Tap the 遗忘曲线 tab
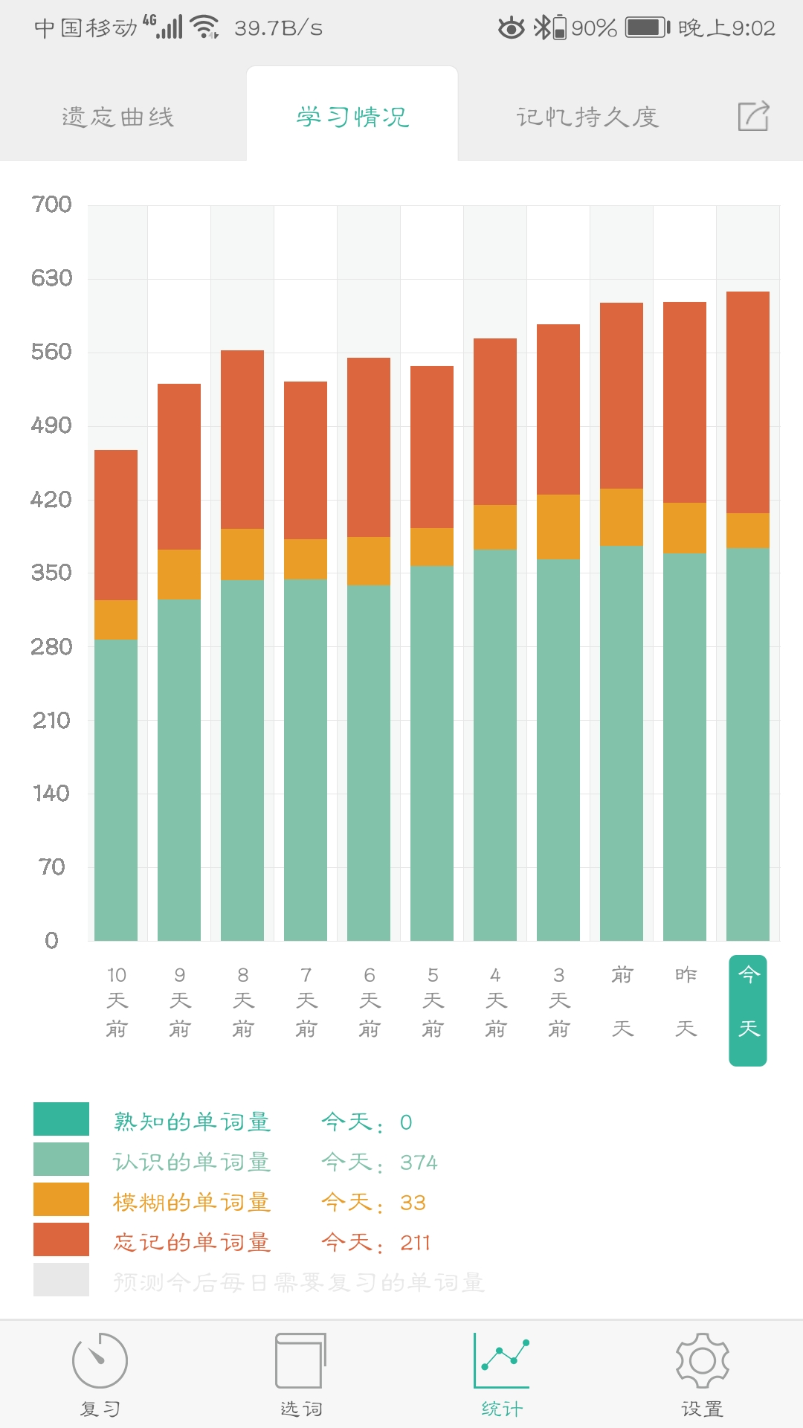[x=118, y=117]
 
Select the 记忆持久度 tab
[x=587, y=117]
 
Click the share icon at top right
[x=753, y=117]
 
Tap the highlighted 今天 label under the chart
[x=748, y=1010]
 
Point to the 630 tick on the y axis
[x=51, y=278]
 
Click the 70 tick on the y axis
[x=52, y=867]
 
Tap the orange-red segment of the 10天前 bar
[x=116, y=524]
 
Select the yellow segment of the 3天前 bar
[x=558, y=527]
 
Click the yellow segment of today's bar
[x=748, y=530]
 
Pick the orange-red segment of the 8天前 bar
[x=242, y=439]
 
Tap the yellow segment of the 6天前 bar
[x=369, y=561]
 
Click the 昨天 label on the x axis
[x=686, y=1001]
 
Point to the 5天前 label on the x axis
[x=433, y=1001]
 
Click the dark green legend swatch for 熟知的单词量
[x=61, y=1119]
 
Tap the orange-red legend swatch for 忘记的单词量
[x=61, y=1240]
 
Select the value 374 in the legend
[x=419, y=1162]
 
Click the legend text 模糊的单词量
[x=192, y=1203]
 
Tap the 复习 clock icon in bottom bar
[x=100, y=1361]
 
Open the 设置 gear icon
[x=702, y=1361]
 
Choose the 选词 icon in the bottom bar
[x=300, y=1361]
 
